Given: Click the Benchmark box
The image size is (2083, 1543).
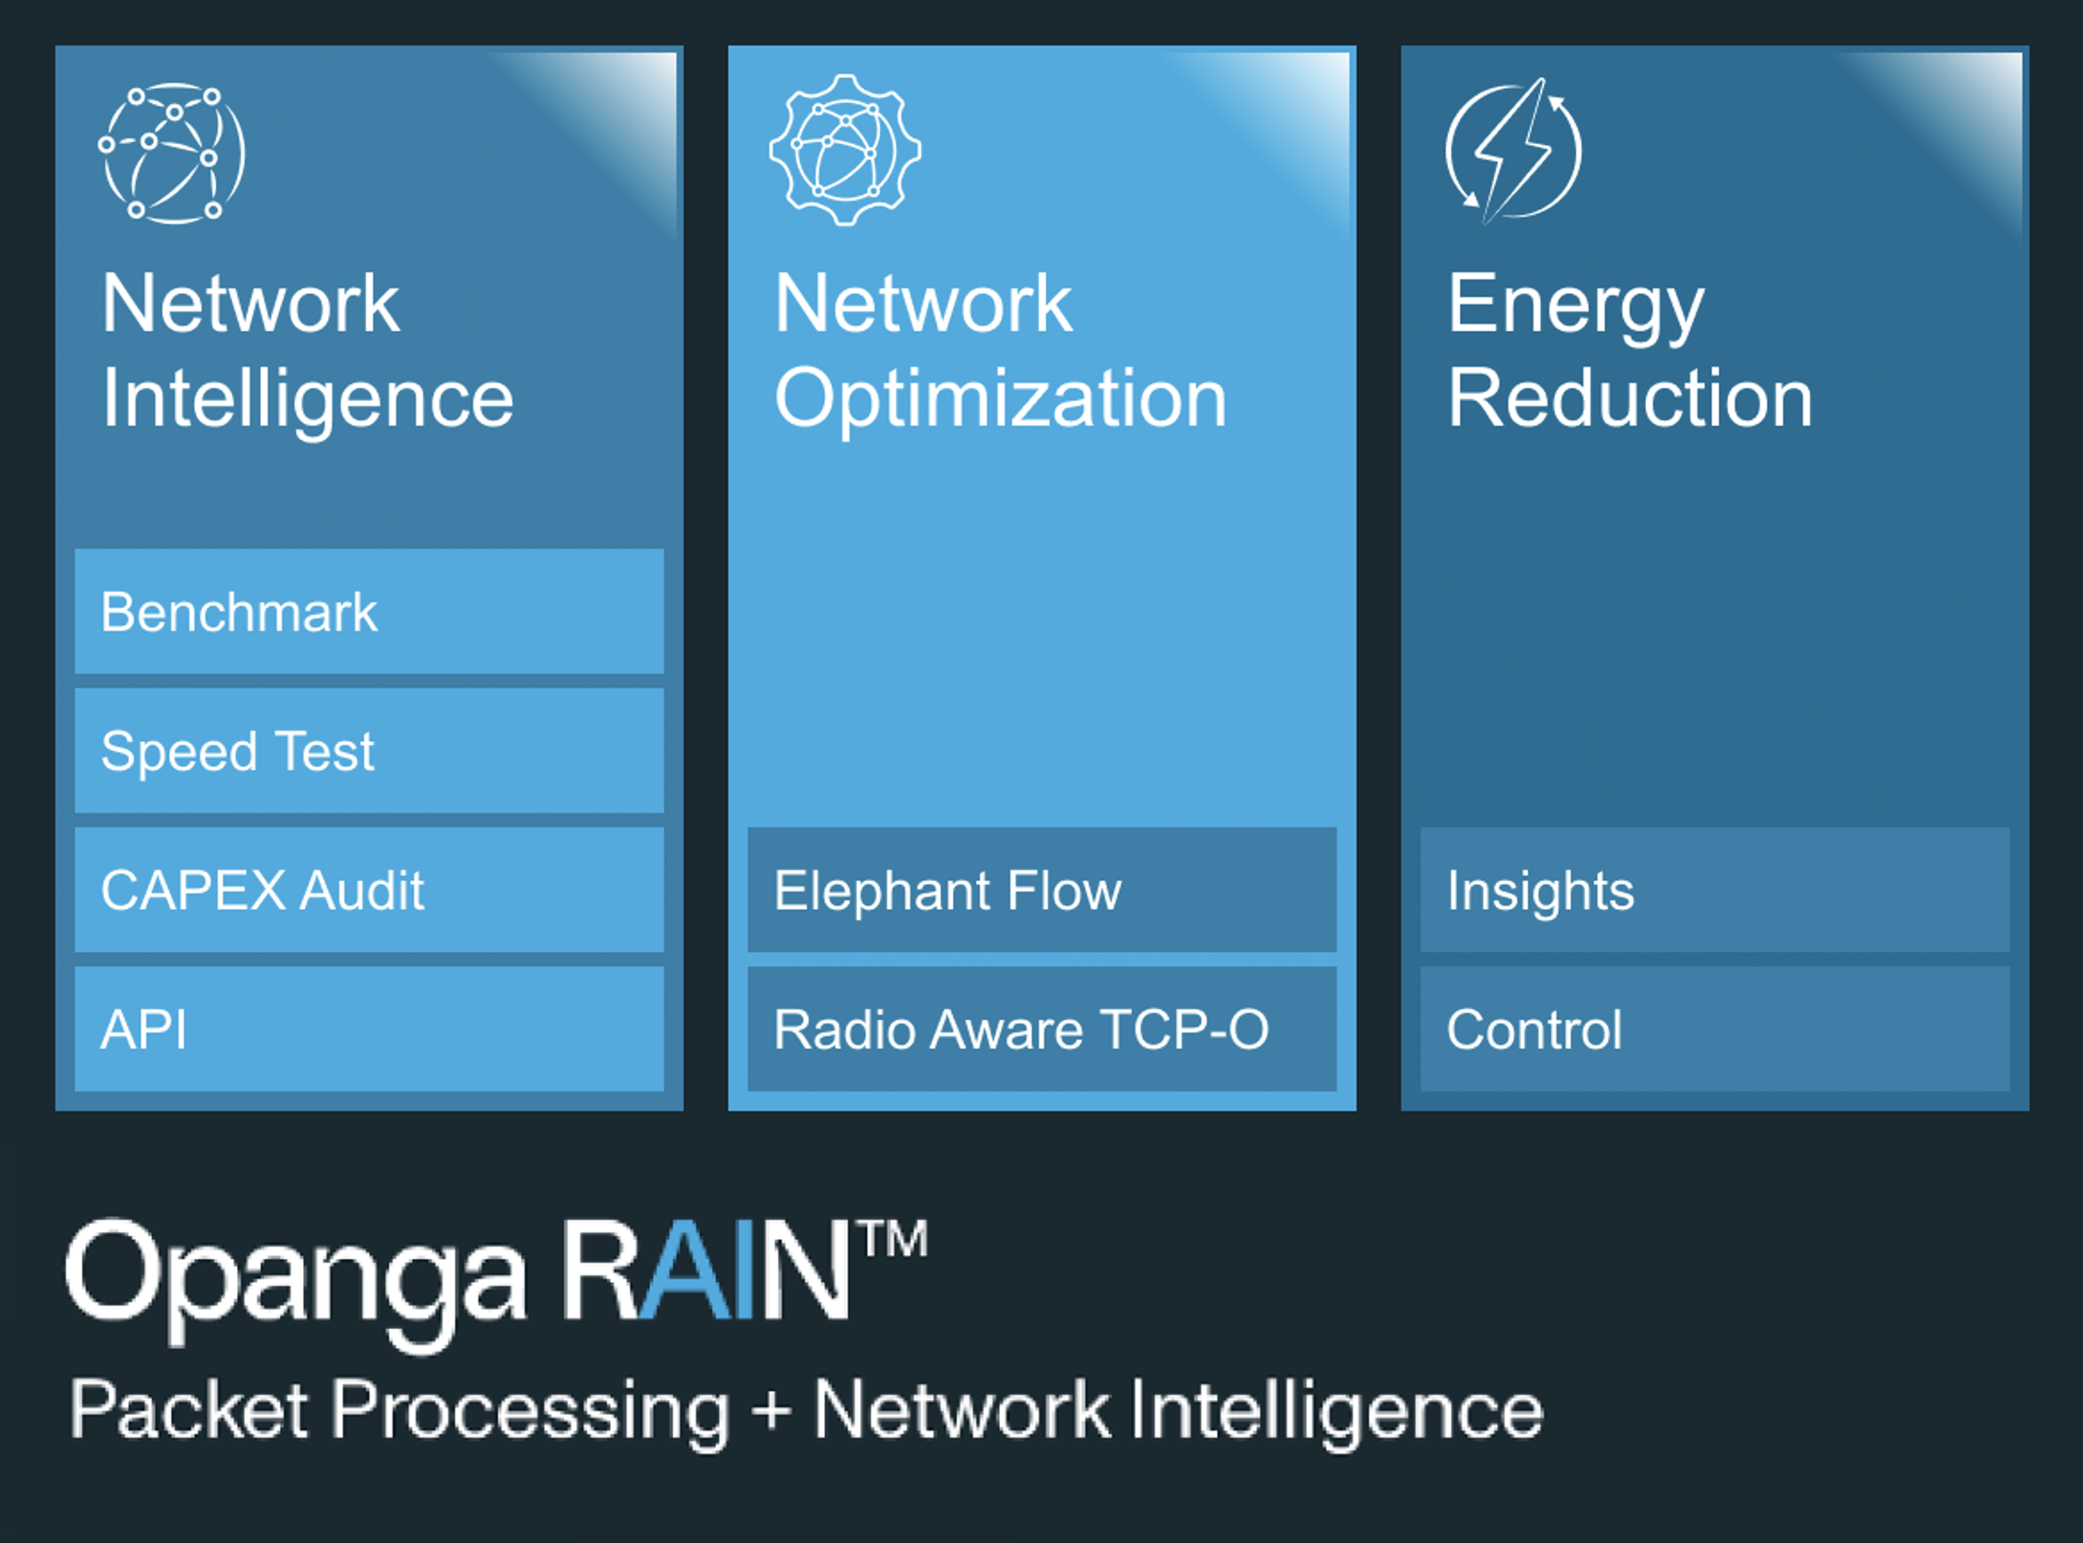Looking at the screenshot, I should tap(369, 612).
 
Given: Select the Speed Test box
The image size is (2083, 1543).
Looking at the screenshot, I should tap(369, 751).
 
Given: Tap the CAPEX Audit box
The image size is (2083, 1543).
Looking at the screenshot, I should tap(369, 889).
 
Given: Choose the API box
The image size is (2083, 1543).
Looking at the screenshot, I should tap(369, 1029).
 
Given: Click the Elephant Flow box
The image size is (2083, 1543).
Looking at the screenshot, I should tap(1041, 889).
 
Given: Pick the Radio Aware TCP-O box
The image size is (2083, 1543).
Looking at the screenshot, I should tap(1041, 1029).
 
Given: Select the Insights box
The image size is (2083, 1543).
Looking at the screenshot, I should tap(1714, 889).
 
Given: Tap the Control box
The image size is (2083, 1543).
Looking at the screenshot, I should tap(1714, 1029).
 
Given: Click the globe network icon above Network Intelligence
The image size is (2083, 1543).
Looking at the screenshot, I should tap(171, 153).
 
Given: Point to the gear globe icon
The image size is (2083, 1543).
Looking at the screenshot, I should tap(845, 150).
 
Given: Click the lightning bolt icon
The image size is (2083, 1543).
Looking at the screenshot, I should tap(1513, 150).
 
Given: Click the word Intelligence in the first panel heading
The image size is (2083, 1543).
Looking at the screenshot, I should tap(307, 399).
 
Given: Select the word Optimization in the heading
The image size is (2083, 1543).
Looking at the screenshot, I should tap(1000, 399).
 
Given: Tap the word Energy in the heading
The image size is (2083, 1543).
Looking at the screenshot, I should tap(1576, 305).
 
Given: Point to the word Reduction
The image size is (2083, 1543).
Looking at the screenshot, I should tap(1630, 399).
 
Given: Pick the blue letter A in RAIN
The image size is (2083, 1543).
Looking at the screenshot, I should tap(685, 1270).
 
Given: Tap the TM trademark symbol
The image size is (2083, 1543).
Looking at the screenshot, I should tap(895, 1240).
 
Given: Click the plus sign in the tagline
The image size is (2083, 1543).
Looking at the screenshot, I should tap(771, 1408).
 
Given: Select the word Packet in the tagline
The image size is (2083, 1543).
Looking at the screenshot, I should tap(189, 1408).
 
